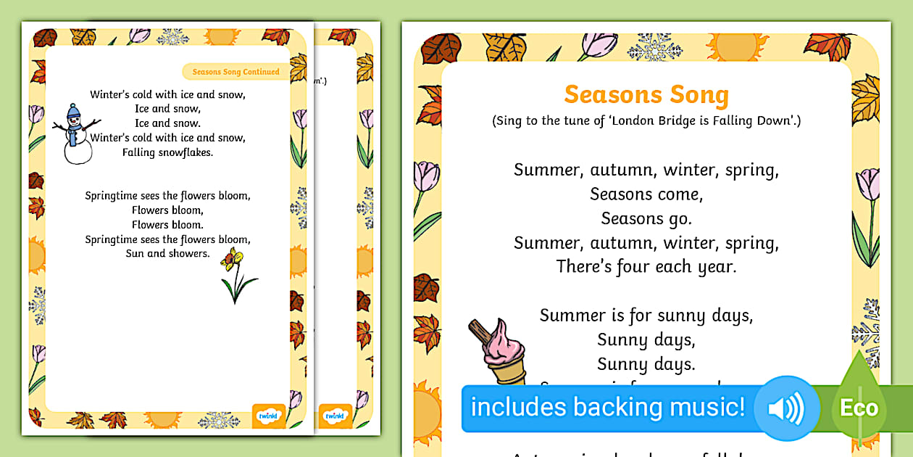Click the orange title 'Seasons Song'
coord(646,94)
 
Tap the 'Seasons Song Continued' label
coord(235,72)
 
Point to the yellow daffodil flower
coord(233,258)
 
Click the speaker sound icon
coord(785,408)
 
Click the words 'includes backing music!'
coord(607,407)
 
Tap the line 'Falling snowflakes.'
coord(167,152)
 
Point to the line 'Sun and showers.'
coord(167,254)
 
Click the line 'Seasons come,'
coord(646,194)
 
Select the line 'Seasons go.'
coord(646,218)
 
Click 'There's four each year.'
coord(646,266)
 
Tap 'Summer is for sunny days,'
coord(646,315)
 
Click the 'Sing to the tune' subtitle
coord(646,121)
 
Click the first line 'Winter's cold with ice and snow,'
coord(167,94)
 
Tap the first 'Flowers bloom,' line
coord(167,210)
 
